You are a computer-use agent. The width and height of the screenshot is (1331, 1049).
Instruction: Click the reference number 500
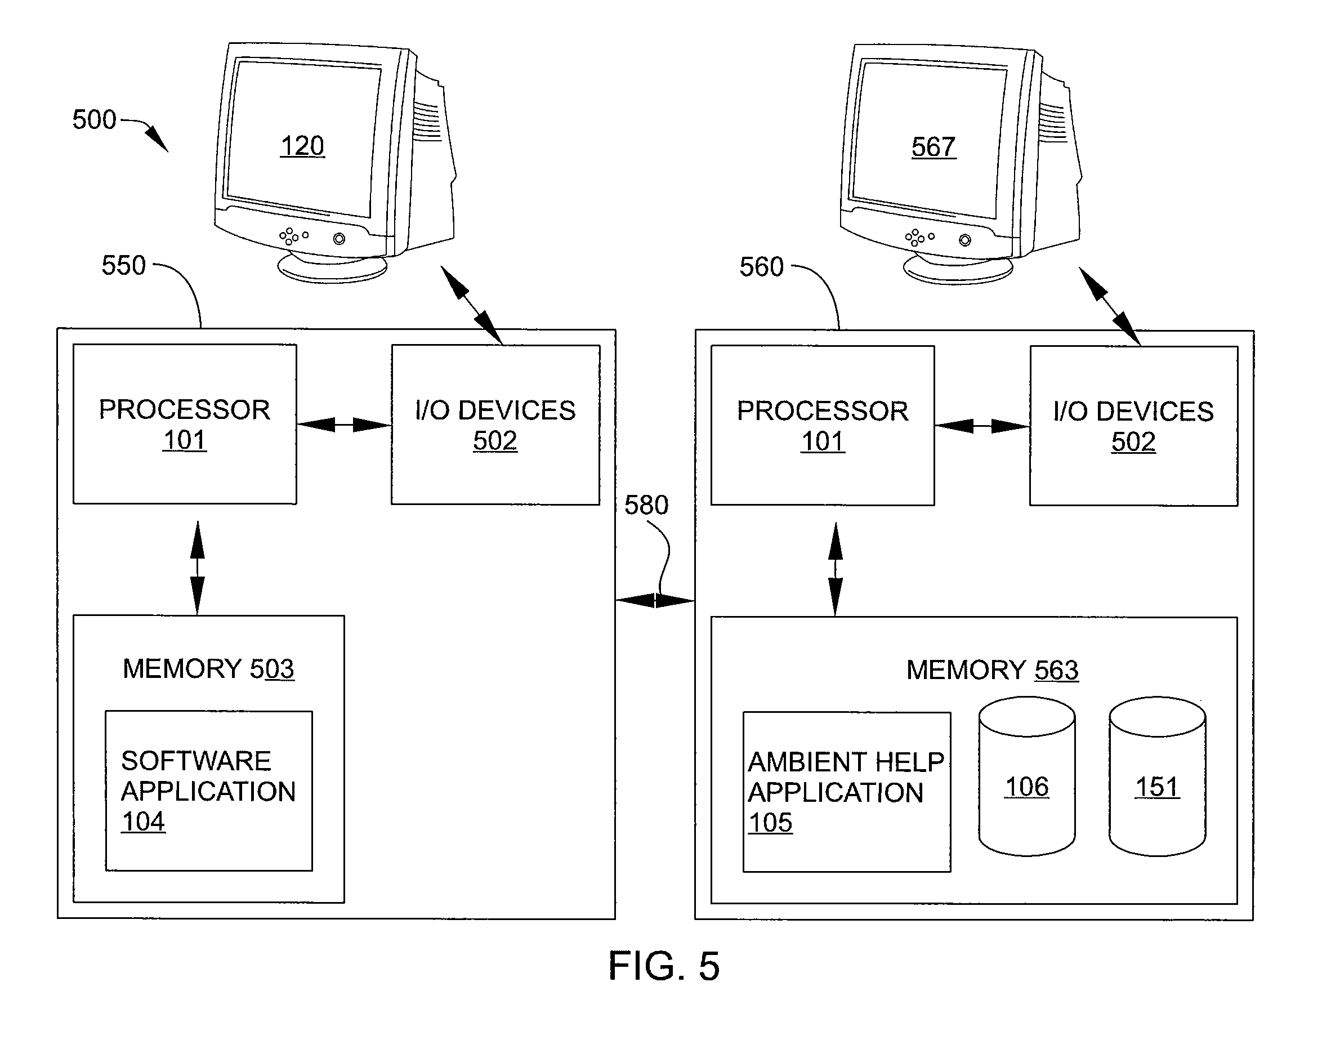[x=94, y=119]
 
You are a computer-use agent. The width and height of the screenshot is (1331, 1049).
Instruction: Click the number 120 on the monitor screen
[x=302, y=146]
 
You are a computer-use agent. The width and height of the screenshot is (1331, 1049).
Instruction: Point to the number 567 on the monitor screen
[x=934, y=148]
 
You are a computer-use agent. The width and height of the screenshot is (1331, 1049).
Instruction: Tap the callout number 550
[x=123, y=265]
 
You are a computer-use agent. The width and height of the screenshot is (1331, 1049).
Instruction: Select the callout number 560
[x=762, y=267]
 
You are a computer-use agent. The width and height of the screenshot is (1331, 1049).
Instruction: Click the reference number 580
[x=646, y=505]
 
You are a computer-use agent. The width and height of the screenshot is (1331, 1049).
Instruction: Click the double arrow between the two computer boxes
[x=655, y=600]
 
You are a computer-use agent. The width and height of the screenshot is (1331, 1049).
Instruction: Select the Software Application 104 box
[x=209, y=791]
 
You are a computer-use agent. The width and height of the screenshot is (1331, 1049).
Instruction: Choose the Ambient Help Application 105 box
[x=847, y=792]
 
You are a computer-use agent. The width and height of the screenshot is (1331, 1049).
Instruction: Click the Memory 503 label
[x=209, y=669]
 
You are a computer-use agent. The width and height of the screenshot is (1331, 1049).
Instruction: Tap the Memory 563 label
[x=993, y=670]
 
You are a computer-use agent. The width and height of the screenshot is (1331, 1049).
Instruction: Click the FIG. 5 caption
[x=664, y=966]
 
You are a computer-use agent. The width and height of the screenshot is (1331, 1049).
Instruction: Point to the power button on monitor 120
[x=339, y=239]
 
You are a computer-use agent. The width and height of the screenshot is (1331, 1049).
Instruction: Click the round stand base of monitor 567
[x=958, y=270]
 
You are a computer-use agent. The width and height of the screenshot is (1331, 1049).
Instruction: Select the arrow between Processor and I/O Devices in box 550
[x=344, y=425]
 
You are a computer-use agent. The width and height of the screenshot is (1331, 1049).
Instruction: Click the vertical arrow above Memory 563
[x=836, y=569]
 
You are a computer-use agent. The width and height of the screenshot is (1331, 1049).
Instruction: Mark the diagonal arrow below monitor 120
[x=472, y=305]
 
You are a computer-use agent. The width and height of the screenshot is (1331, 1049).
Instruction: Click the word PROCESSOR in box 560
[x=823, y=411]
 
